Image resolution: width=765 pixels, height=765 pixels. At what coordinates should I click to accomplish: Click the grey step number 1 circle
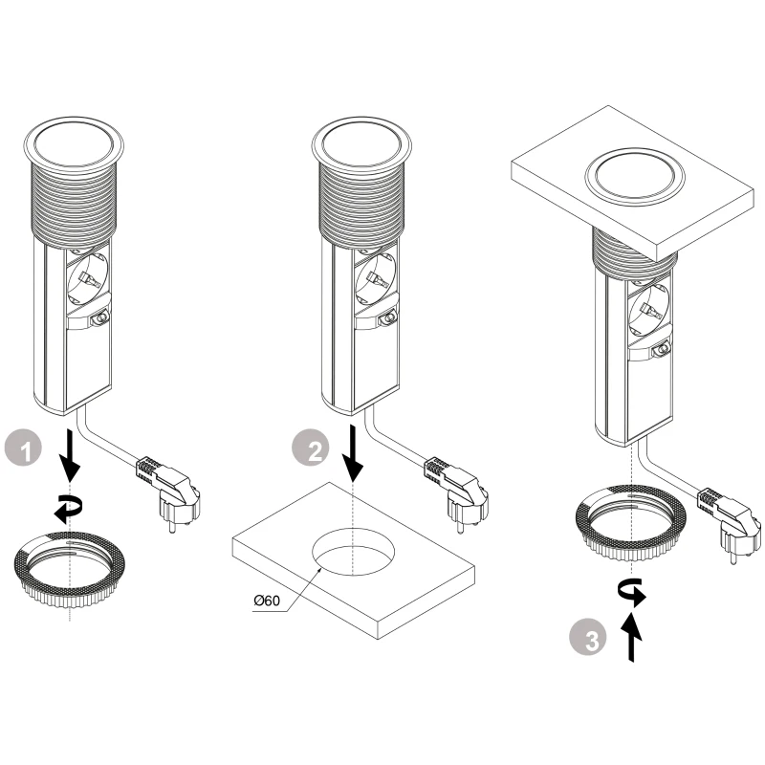coord(23,449)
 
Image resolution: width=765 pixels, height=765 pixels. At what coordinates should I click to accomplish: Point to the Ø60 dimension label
coord(265,601)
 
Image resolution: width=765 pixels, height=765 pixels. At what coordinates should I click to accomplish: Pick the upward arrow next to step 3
coord(632,639)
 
